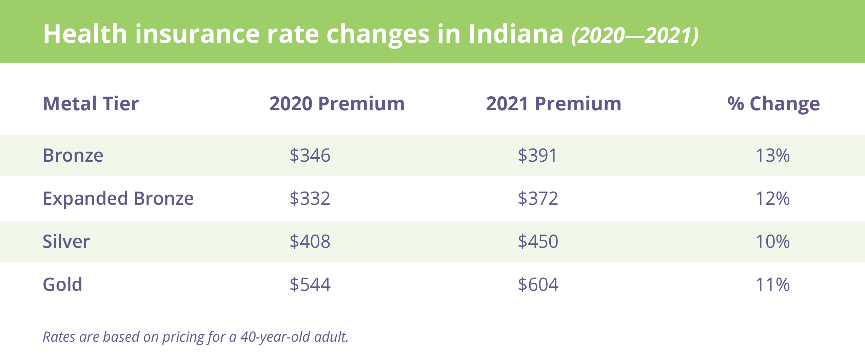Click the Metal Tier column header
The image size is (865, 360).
pos(91,103)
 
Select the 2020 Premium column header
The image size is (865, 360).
pos(337,103)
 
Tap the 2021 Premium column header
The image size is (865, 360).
pos(553,103)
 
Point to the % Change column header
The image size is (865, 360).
pos(773,103)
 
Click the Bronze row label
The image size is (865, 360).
pos(73,156)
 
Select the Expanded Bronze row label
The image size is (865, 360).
pos(118,198)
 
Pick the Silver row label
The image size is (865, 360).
pos(66,241)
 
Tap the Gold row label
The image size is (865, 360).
pos(62,284)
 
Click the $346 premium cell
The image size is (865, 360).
pos(310,156)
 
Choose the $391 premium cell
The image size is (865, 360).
pos(537,156)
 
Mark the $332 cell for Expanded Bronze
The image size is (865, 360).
pos(310,198)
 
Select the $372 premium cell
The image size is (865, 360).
pos(537,198)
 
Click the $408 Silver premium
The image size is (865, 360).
pos(310,241)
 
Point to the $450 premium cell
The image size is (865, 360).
pos(537,241)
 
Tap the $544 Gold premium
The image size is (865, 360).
pos(310,284)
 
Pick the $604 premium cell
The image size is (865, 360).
pos(537,284)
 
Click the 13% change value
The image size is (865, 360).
pos(773,156)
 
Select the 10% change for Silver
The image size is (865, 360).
pos(773,241)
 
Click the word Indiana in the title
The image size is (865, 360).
pos(515,34)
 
